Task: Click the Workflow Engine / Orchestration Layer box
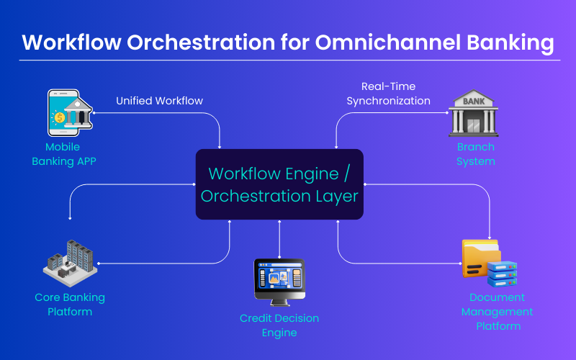point(279,184)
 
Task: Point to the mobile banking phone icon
point(63,113)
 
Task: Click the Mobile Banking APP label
point(63,154)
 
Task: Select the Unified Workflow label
point(160,101)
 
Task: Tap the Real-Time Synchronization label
point(388,94)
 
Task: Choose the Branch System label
point(475,154)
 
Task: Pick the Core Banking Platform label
point(70,305)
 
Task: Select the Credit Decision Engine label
point(279,325)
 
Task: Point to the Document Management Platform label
point(497,312)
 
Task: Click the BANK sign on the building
point(474,102)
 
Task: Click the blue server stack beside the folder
point(502,273)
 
